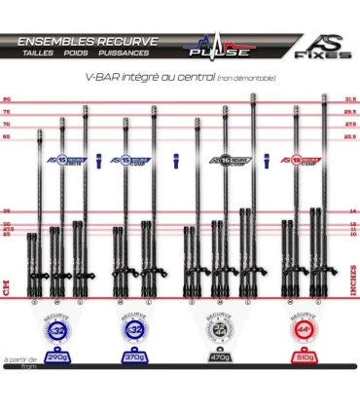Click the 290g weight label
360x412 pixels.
(x=57, y=359)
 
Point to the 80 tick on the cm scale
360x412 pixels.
(x=7, y=99)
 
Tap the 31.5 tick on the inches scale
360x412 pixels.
(x=352, y=99)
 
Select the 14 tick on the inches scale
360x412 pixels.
(x=353, y=210)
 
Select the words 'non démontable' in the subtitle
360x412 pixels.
(x=247, y=77)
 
